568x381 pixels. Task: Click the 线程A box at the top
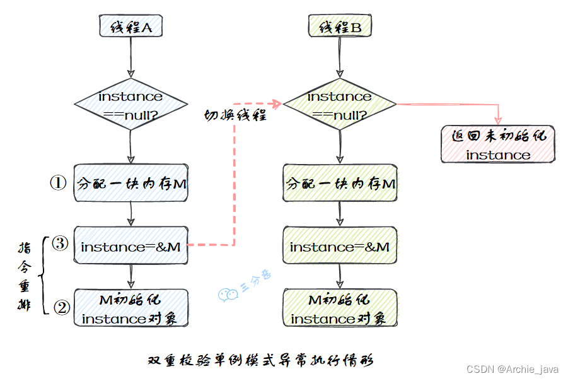pos(130,26)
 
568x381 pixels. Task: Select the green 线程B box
pos(340,26)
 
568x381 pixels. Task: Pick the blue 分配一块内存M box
pos(131,184)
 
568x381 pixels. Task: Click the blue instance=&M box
pos(131,247)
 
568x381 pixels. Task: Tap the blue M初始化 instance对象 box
pos(131,308)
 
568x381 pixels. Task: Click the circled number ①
pos(58,183)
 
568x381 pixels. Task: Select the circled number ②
pos(61,308)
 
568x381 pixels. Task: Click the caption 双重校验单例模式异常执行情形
pos(260,361)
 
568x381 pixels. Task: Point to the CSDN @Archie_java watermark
pos(513,368)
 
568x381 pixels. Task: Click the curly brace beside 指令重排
pos(43,275)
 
